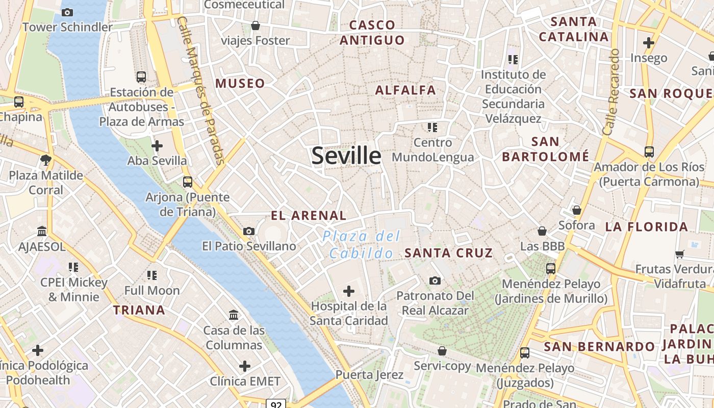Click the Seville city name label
click(x=346, y=156)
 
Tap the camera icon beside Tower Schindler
click(x=67, y=12)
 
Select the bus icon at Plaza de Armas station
click(x=141, y=77)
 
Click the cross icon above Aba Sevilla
click(x=157, y=146)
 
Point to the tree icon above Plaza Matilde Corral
click(x=46, y=160)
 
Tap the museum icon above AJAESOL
click(x=42, y=232)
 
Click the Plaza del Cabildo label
click(x=361, y=244)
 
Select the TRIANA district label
click(x=139, y=310)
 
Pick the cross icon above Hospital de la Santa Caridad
click(x=349, y=291)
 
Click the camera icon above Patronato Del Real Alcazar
click(x=435, y=280)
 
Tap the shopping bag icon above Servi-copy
click(x=442, y=351)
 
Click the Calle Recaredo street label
click(x=610, y=92)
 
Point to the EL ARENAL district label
click(x=309, y=215)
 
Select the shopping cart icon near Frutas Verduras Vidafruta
click(x=679, y=253)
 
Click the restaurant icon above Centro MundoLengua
click(x=432, y=127)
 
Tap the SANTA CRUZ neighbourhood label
click(x=448, y=252)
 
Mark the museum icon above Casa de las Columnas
click(x=234, y=315)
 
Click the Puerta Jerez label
click(x=369, y=375)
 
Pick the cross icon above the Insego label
click(x=649, y=43)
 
